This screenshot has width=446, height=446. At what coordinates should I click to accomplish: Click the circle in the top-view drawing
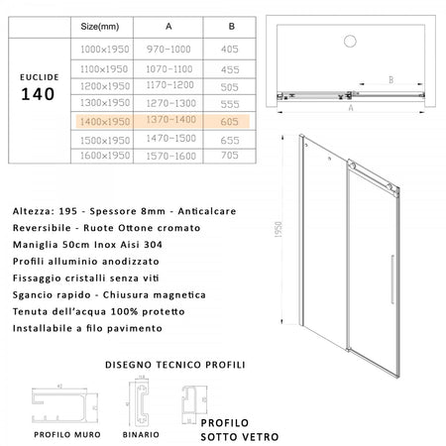[x=348, y=43]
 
